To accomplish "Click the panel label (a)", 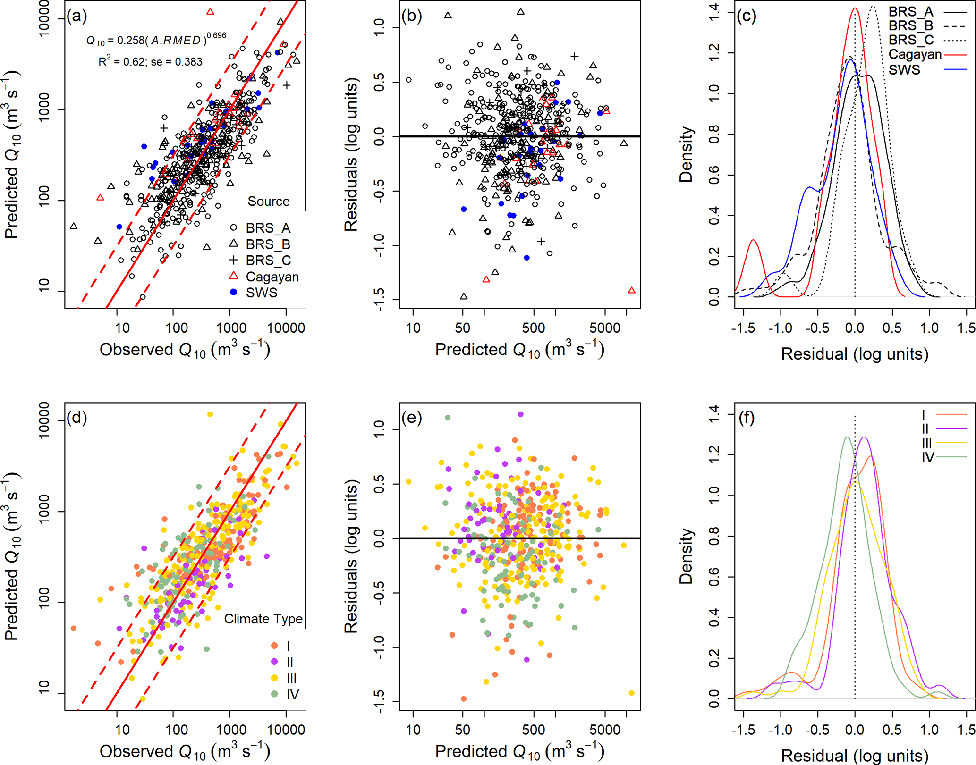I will (x=77, y=17).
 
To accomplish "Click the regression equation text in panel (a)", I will (x=156, y=40).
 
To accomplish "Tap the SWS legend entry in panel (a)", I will (x=261, y=293).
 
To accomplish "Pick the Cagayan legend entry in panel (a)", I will (x=272, y=277).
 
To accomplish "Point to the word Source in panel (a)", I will (x=269, y=202).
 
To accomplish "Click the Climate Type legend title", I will (x=263, y=619).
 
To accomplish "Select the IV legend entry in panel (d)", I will (x=292, y=695).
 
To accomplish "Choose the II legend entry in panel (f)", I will (x=925, y=429).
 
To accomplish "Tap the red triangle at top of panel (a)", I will (x=210, y=11).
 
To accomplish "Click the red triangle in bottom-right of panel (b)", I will (x=631, y=290).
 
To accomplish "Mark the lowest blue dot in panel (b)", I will (x=527, y=258).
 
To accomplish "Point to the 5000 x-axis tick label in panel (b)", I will (x=605, y=328).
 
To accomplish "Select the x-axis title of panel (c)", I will (x=855, y=354).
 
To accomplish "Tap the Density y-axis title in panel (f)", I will (x=686, y=556).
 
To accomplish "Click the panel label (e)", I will (x=412, y=418).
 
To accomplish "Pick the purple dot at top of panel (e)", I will (x=520, y=414).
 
